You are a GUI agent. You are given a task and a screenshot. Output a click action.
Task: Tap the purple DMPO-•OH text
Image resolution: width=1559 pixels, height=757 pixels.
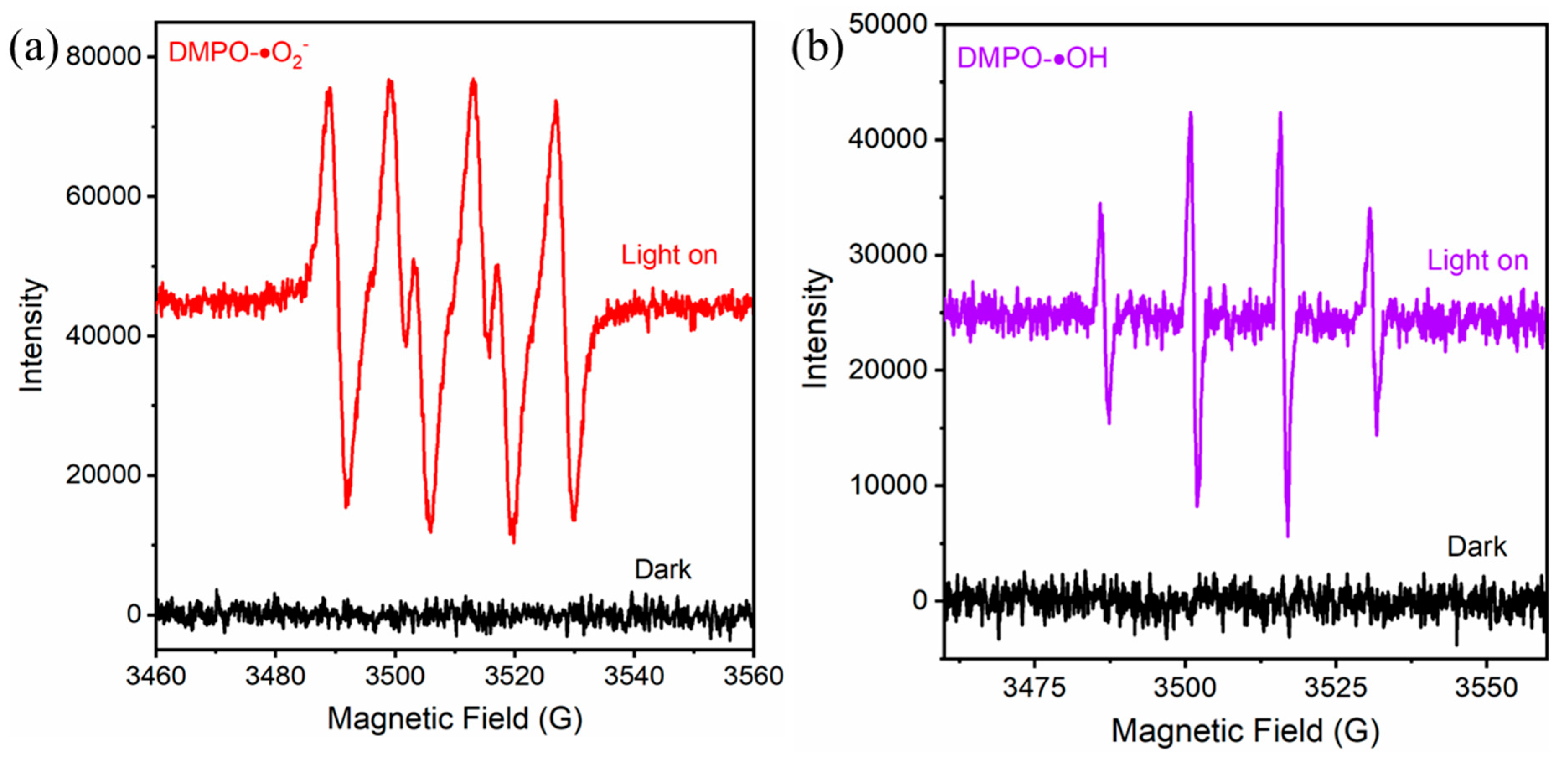tap(1032, 58)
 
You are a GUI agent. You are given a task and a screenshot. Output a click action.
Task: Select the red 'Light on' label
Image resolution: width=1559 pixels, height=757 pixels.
tap(669, 255)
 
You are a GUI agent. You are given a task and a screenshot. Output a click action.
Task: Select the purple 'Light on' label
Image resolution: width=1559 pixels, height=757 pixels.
tap(1477, 260)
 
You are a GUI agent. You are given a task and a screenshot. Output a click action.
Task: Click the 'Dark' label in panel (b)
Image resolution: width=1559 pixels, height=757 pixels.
tap(1477, 547)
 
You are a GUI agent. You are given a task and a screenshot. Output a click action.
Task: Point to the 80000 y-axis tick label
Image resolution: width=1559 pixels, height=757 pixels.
tap(103, 56)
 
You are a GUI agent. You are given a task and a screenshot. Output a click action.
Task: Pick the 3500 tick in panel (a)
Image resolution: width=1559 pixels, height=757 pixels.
tap(395, 676)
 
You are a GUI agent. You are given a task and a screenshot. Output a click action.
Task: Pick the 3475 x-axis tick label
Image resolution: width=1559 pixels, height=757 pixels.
tap(1034, 688)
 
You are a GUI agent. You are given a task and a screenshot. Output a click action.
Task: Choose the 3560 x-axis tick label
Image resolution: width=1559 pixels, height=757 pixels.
tap(753, 676)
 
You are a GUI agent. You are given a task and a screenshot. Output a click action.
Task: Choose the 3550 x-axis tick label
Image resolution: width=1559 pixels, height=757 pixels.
tap(1486, 688)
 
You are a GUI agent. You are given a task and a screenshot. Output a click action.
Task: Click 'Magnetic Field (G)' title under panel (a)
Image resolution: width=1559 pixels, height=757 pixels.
tap(455, 719)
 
